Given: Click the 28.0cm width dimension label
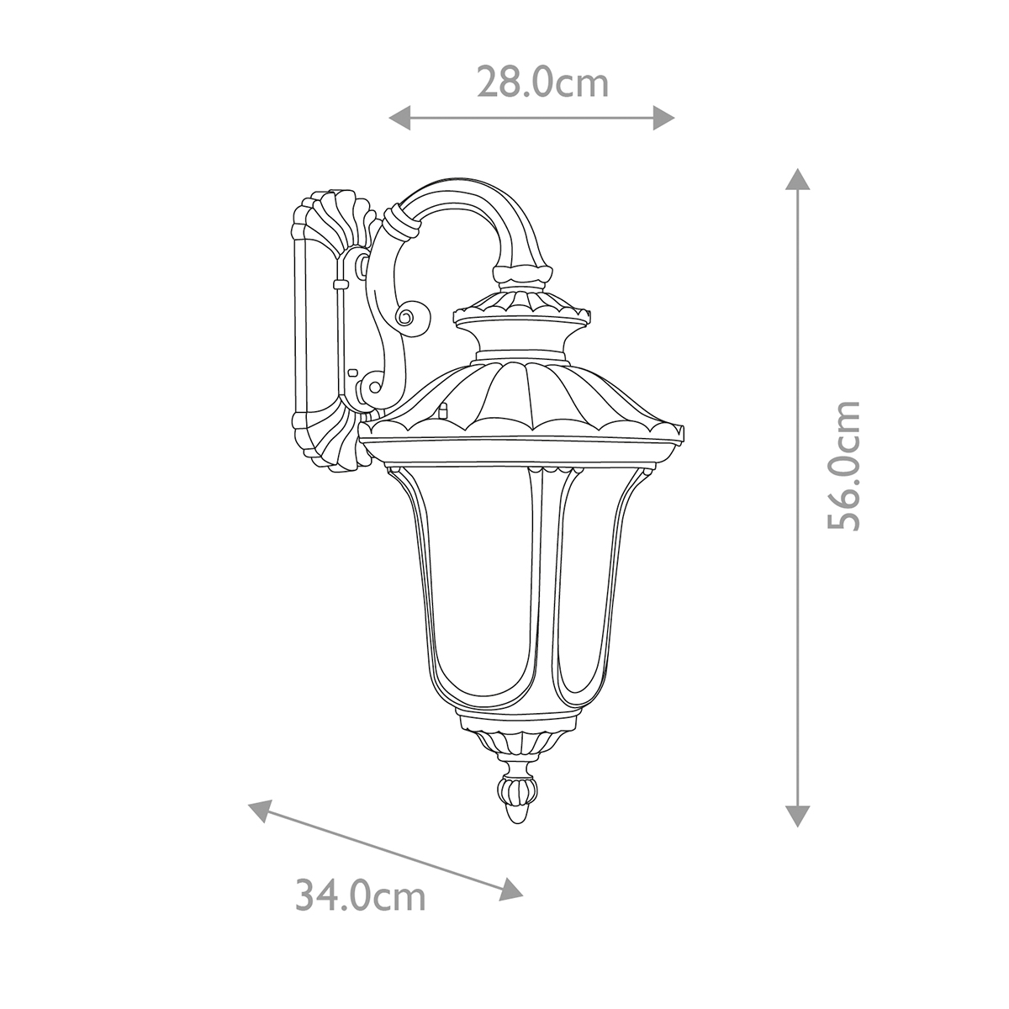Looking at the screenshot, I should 542,83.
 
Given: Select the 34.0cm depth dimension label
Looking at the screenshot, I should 361,895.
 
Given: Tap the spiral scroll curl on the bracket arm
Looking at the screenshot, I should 409,318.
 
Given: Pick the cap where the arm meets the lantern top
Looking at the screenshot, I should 523,274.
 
